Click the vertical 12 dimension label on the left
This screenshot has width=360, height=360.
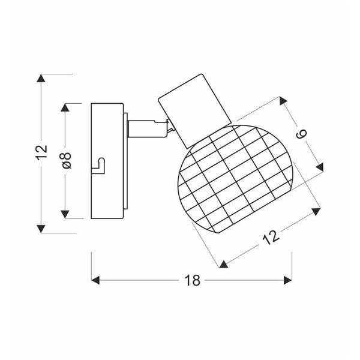pyautogui.click(x=41, y=153)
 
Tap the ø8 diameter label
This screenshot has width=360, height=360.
pyautogui.click(x=67, y=160)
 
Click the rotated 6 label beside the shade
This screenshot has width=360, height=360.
pyautogui.click(x=302, y=134)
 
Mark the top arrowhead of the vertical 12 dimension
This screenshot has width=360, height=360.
pyautogui.click(x=41, y=79)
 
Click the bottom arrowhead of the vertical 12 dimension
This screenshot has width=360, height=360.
pyautogui.click(x=41, y=228)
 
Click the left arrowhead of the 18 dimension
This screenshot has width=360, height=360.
pyautogui.click(x=95, y=280)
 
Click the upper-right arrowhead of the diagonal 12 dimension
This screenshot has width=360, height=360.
pyautogui.click(x=314, y=211)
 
